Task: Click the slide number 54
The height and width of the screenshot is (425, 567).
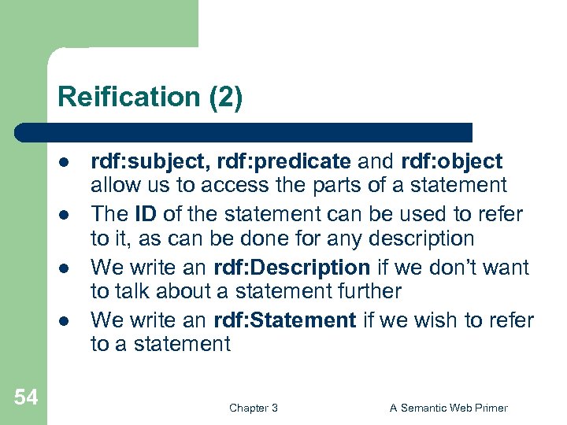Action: pos(25,398)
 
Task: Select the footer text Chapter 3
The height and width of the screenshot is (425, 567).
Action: pos(253,408)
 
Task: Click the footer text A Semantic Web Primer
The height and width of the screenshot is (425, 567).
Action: pos(449,408)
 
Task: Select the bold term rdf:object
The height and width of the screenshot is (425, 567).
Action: pos(450,162)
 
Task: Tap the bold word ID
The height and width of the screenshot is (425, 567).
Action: pos(145,214)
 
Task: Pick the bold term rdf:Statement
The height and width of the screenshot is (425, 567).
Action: pos(285,320)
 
